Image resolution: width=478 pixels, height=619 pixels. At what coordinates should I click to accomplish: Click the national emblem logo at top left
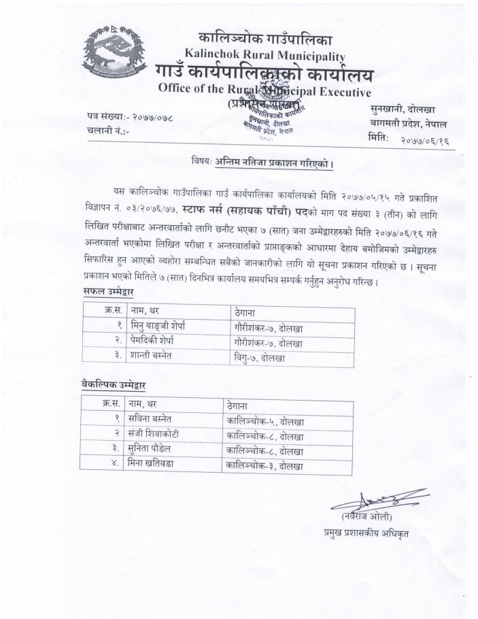[114, 57]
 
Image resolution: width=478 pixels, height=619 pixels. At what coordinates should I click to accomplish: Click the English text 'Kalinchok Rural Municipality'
[264, 56]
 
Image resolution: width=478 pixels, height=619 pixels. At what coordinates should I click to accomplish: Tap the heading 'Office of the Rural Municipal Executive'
[264, 90]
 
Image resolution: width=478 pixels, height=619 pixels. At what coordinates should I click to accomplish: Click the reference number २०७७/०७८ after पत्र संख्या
[152, 117]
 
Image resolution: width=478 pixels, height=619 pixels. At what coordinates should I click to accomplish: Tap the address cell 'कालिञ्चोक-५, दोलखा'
[265, 421]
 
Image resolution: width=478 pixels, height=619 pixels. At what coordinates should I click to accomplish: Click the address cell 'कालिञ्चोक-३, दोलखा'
[265, 467]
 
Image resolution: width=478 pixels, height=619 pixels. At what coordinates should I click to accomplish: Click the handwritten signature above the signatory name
[374, 500]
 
